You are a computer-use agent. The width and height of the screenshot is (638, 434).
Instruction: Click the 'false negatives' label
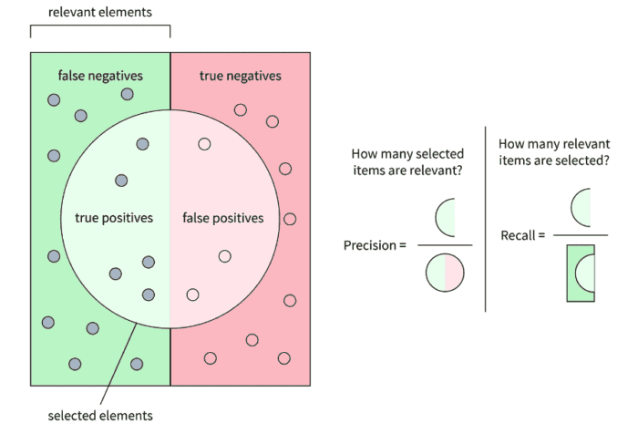[100, 76]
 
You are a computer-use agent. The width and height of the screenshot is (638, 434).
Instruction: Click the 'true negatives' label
[242, 76]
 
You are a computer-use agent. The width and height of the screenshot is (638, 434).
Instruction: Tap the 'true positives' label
[113, 218]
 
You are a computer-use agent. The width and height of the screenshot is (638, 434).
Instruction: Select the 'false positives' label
[223, 218]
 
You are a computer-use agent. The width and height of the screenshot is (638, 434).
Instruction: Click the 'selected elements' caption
[100, 417]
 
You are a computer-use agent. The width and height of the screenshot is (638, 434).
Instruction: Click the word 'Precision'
[369, 245]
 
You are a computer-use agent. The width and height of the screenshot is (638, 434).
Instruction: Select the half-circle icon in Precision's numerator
[445, 218]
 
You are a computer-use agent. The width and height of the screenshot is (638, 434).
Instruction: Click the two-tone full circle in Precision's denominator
[445, 271]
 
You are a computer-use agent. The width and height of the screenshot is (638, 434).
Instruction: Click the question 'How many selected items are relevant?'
[407, 161]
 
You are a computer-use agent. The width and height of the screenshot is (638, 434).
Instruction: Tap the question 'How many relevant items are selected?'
[554, 152]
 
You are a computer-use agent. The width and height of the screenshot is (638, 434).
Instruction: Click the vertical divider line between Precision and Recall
[485, 219]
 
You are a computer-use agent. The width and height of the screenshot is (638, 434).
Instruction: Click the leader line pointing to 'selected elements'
[117, 365]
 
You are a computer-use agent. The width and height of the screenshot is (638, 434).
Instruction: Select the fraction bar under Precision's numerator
[445, 244]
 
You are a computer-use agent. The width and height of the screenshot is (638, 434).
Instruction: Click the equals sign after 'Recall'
[541, 236]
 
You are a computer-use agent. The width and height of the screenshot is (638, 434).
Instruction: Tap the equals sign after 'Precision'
[403, 245]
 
